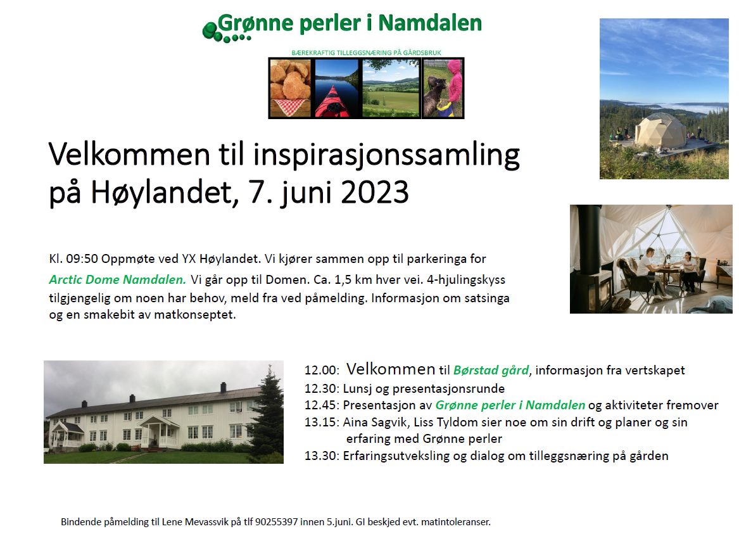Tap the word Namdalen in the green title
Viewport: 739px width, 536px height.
(430, 23)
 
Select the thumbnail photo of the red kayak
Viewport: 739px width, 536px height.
(336, 88)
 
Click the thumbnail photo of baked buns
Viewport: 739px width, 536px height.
(290, 88)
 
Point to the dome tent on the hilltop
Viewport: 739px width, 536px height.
(660, 130)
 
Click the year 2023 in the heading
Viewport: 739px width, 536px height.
(375, 193)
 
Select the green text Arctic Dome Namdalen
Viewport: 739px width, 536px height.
(117, 279)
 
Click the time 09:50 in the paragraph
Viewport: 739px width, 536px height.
(82, 258)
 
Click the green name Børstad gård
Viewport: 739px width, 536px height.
(491, 371)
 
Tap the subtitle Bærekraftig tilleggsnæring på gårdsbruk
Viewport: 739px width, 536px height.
(366, 53)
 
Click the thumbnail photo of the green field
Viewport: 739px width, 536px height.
(391, 88)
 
